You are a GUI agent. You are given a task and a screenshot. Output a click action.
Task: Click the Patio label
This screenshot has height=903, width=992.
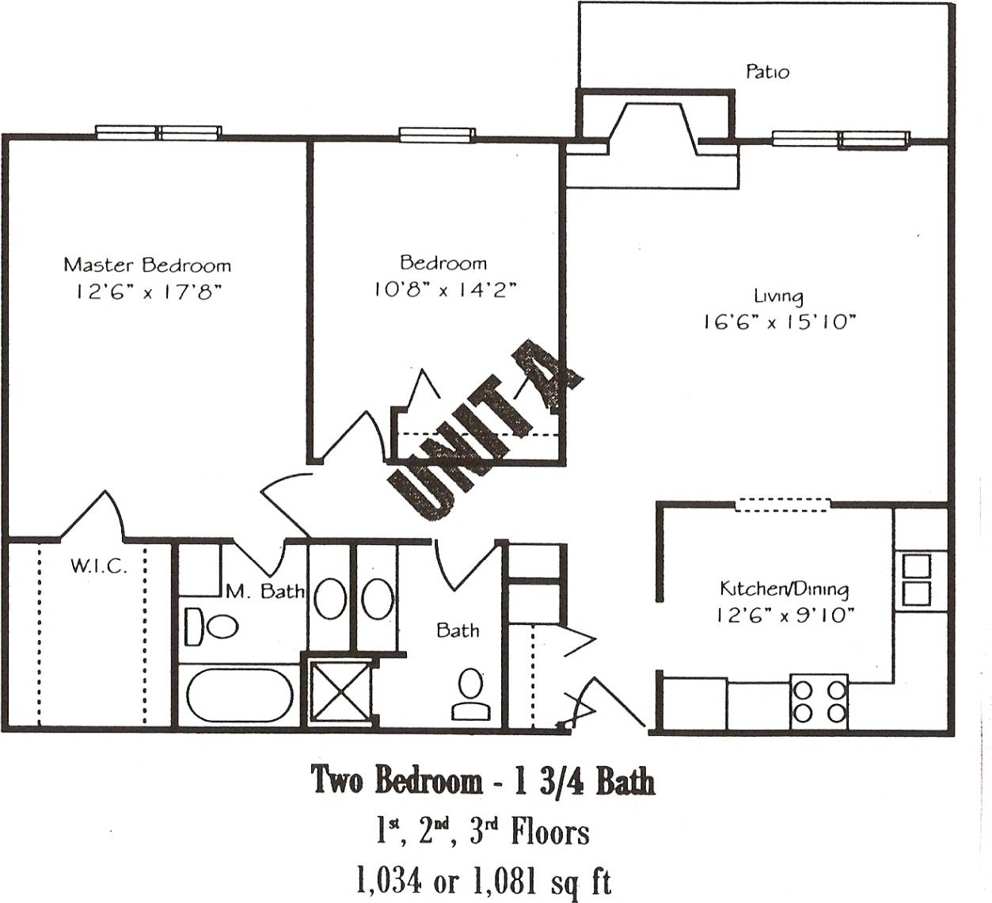(x=767, y=72)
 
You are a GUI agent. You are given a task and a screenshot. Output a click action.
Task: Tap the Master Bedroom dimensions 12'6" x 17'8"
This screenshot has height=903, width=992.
(x=147, y=291)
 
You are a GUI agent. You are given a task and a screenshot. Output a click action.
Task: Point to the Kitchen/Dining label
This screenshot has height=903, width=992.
(x=784, y=589)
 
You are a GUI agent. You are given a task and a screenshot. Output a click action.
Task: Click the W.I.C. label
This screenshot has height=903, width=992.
(x=98, y=566)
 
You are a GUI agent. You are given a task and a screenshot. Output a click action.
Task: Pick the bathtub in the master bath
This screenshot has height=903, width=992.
(x=240, y=695)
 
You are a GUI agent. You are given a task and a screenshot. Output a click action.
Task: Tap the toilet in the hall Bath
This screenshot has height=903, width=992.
(x=471, y=695)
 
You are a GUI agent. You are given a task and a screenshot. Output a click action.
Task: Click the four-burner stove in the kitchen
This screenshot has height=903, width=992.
(x=819, y=701)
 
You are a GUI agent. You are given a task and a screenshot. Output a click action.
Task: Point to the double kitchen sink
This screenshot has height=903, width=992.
(x=917, y=580)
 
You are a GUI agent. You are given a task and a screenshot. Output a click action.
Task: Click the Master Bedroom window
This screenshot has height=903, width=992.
(x=158, y=132)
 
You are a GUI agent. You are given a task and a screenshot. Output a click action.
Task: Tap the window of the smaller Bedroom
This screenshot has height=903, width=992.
(x=436, y=135)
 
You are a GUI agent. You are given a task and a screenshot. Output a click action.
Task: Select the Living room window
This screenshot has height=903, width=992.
(x=840, y=139)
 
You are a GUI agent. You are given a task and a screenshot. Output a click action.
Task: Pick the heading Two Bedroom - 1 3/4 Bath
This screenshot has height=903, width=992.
(x=482, y=780)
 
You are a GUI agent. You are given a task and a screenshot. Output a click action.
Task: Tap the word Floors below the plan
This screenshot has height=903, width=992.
(x=549, y=833)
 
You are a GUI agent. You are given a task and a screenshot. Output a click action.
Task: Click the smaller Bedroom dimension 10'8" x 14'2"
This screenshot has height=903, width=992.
(x=444, y=290)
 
